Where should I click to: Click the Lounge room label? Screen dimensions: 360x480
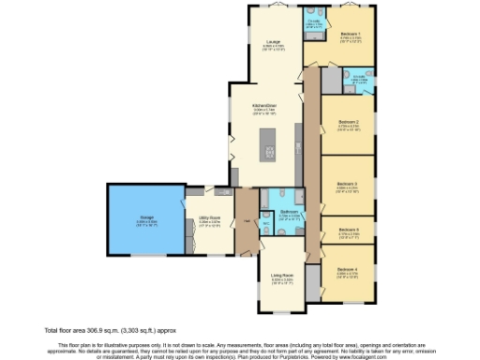point(274,42)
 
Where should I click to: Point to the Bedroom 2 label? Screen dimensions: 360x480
point(348,123)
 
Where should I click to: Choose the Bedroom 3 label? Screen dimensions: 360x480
point(348,183)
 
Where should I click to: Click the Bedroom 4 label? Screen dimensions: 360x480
point(348,269)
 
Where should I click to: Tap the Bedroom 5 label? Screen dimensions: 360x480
point(348,229)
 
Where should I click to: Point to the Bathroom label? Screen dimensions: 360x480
point(288,212)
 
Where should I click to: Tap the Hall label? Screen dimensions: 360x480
point(247,221)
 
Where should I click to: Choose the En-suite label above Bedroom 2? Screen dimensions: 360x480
point(358,79)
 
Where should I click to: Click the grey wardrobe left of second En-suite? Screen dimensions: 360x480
point(331,81)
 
